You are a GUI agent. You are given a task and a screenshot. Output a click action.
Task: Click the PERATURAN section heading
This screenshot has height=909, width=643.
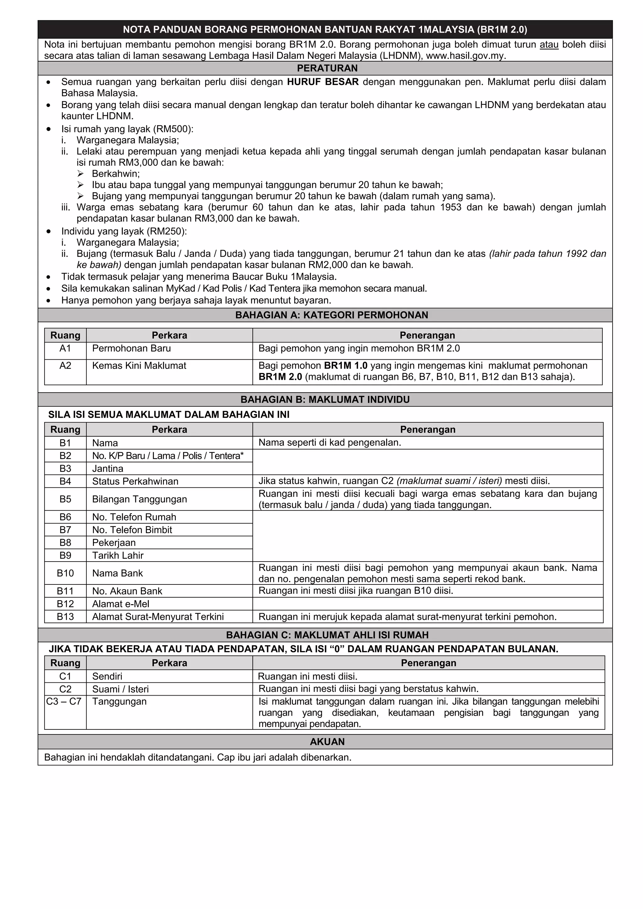pos(327,68)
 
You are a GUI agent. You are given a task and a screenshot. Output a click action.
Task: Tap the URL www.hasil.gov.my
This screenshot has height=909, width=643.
pos(466,56)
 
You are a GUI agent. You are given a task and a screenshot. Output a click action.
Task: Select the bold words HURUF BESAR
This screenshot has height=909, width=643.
pos(323,82)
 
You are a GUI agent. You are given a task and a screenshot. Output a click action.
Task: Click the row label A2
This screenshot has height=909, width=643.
pos(65,365)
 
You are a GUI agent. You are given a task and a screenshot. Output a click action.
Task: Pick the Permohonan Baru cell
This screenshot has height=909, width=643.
pos(132,348)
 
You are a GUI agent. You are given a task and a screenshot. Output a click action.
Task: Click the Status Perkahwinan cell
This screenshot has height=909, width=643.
pos(135,481)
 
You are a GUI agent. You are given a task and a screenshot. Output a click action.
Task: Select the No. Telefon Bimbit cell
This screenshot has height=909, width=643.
pos(132,530)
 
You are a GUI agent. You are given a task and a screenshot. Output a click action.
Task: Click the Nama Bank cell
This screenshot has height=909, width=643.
pos(118,573)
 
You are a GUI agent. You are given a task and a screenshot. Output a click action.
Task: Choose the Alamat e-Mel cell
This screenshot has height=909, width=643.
pos(121,604)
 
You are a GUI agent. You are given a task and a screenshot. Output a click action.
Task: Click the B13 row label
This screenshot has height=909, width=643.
pos(65,616)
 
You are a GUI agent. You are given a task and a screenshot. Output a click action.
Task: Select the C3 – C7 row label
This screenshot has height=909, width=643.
pos(64,702)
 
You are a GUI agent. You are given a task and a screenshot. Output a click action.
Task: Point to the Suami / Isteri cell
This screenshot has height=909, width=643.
pos(120,689)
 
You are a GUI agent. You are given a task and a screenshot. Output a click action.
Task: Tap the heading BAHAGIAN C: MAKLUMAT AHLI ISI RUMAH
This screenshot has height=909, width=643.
pos(327,635)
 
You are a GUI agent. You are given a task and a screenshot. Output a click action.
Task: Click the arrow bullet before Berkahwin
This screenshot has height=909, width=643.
pos(80,174)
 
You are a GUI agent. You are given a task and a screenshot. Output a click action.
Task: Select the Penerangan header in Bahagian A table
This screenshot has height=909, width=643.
pos(427,335)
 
